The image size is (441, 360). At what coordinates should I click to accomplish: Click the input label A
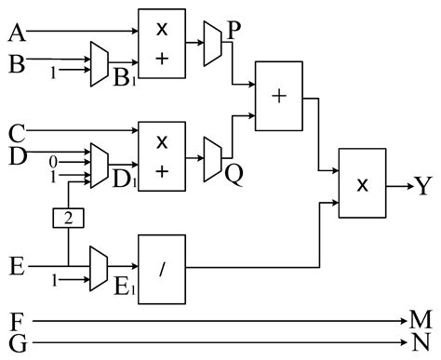click(16, 33)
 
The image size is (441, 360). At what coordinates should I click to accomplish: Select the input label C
click(16, 131)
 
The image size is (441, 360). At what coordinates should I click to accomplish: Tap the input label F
click(16, 323)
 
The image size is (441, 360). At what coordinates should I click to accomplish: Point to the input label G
click(16, 345)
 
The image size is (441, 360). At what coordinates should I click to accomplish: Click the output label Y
click(423, 186)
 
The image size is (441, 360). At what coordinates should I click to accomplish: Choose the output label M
click(422, 322)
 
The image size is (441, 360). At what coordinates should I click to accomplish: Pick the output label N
click(421, 344)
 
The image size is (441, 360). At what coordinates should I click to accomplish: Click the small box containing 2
click(68, 219)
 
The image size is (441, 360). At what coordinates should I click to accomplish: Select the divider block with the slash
click(162, 267)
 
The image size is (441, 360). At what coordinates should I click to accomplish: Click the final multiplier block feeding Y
click(363, 183)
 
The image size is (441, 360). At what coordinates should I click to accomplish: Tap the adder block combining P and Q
click(278, 97)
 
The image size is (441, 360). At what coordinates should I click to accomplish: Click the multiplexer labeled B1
click(100, 65)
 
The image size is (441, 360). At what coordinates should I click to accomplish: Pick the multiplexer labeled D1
click(100, 164)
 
